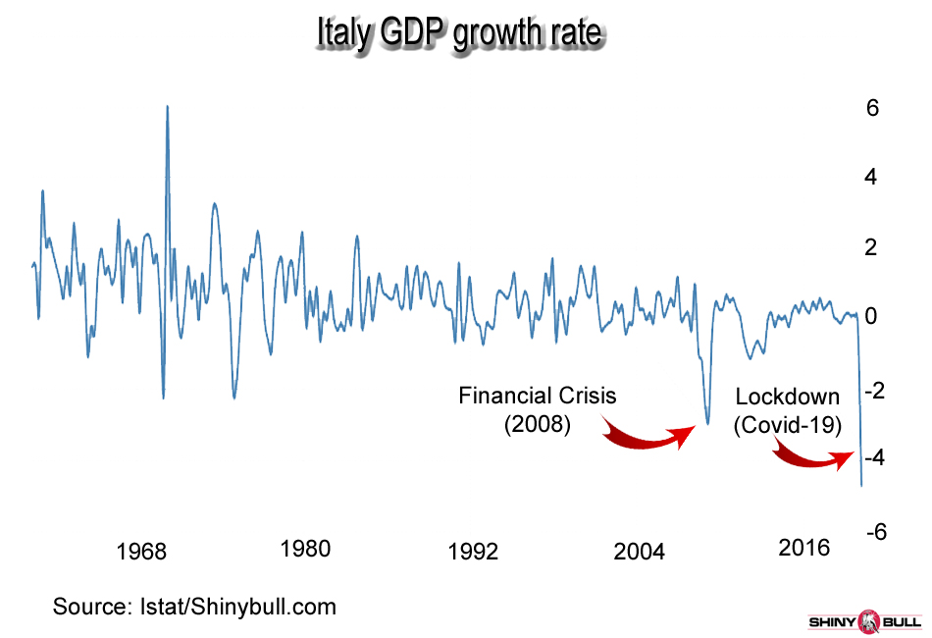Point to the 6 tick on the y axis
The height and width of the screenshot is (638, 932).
tap(872, 108)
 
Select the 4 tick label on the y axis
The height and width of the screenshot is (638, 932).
tap(872, 178)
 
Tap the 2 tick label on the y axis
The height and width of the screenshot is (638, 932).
tap(872, 247)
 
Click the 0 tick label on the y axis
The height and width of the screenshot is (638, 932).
tap(872, 316)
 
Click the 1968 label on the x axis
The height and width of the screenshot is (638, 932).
tap(141, 551)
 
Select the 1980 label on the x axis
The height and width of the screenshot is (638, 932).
tap(304, 549)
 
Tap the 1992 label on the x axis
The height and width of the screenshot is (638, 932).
tap(473, 551)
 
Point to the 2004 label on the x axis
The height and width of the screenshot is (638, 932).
tap(639, 551)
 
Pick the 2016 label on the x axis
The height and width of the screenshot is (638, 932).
tap(804, 548)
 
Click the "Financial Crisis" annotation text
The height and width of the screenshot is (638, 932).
tap(538, 396)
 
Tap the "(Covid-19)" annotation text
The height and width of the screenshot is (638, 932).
tap(788, 425)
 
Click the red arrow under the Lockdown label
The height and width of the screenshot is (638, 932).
tap(813, 456)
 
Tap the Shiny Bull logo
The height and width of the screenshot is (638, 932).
tap(863, 621)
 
